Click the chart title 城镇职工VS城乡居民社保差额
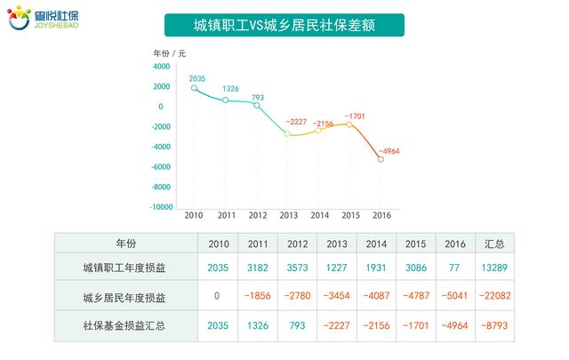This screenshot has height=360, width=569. [x=284, y=26]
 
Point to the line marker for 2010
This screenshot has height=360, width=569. [x=194, y=88]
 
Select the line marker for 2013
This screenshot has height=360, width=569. [x=287, y=133]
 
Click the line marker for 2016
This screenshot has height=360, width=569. [x=381, y=158]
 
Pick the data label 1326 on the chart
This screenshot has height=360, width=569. [x=230, y=89]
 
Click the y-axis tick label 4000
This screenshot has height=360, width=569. [x=163, y=67]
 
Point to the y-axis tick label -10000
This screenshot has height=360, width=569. [x=160, y=208]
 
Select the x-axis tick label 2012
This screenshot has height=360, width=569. [x=257, y=216]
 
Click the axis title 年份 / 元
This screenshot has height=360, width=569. [x=170, y=53]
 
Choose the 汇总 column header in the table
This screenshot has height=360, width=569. [x=495, y=244]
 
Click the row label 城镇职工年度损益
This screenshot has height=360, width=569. [x=124, y=268]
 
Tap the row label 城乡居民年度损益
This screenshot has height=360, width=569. [x=124, y=297]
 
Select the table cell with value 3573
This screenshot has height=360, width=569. [x=298, y=268]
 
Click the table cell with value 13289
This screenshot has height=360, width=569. [x=495, y=268]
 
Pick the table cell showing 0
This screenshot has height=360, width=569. [x=219, y=297]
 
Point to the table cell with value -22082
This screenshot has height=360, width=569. [x=493, y=297]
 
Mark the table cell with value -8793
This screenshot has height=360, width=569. [x=494, y=325]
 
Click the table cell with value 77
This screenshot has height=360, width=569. [x=455, y=268]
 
